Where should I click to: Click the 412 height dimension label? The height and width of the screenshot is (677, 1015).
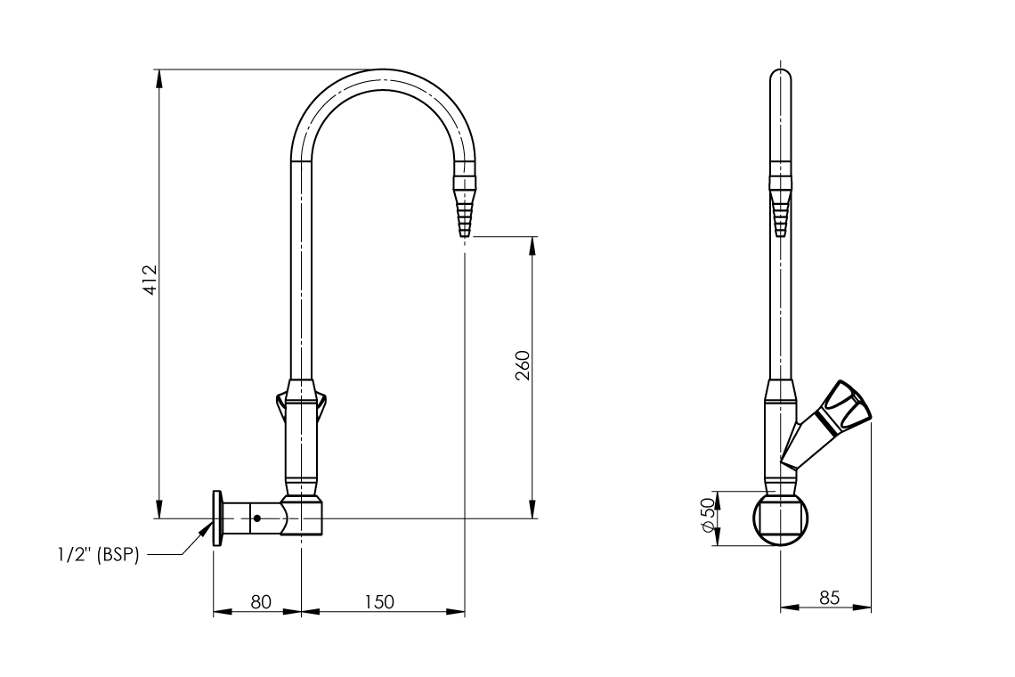150,280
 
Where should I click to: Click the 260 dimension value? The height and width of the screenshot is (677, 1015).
524,365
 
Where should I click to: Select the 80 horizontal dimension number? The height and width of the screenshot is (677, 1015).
260,601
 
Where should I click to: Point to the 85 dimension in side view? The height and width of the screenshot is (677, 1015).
829,598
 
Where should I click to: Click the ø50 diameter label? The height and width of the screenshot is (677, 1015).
708,516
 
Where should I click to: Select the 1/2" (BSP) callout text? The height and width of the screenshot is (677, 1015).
95,555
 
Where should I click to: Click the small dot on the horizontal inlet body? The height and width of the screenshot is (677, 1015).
256,518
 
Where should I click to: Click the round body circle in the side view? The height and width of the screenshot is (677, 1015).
780,518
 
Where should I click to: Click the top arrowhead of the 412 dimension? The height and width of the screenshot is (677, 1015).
159,77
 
